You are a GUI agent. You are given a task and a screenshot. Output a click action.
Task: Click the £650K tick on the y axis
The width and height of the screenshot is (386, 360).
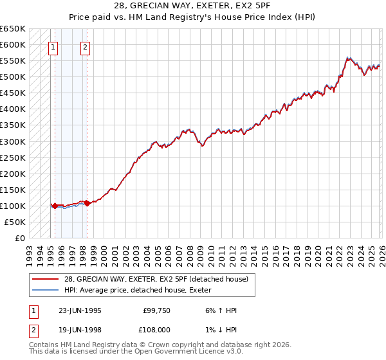coord(13,29)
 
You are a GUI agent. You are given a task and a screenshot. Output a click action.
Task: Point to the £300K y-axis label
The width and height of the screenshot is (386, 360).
coord(13,141)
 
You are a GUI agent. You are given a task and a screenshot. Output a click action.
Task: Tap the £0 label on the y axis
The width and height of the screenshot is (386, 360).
coord(21,238)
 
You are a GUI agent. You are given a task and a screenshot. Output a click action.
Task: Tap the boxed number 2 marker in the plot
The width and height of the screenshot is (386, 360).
coord(86,46)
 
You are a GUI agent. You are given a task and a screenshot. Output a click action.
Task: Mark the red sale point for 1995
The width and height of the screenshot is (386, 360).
coord(55,206)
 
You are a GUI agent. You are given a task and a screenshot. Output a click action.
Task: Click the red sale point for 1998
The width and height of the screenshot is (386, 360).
coord(87,203)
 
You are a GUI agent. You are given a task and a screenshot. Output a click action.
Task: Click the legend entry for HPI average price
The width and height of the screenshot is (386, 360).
coord(142,290)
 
